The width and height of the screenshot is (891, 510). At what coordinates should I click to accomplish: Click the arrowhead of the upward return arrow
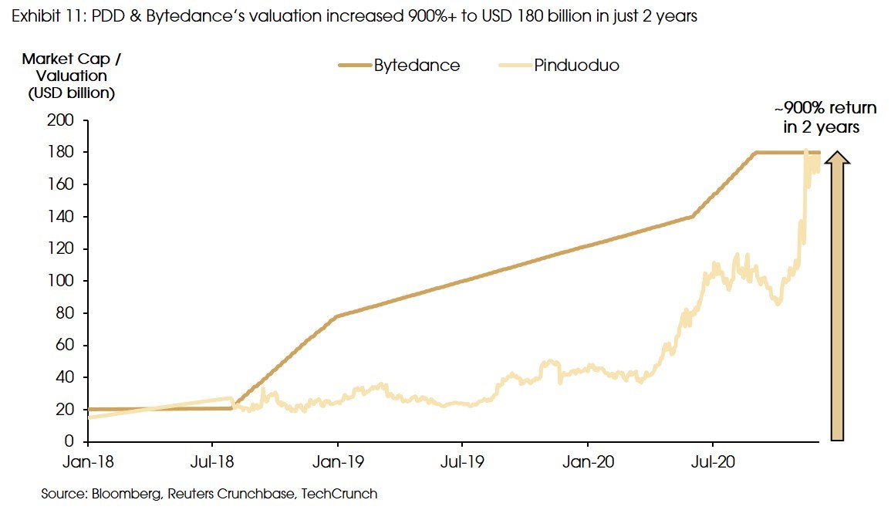click(x=838, y=157)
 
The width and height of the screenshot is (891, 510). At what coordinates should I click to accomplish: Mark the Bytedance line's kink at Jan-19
click(x=337, y=316)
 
